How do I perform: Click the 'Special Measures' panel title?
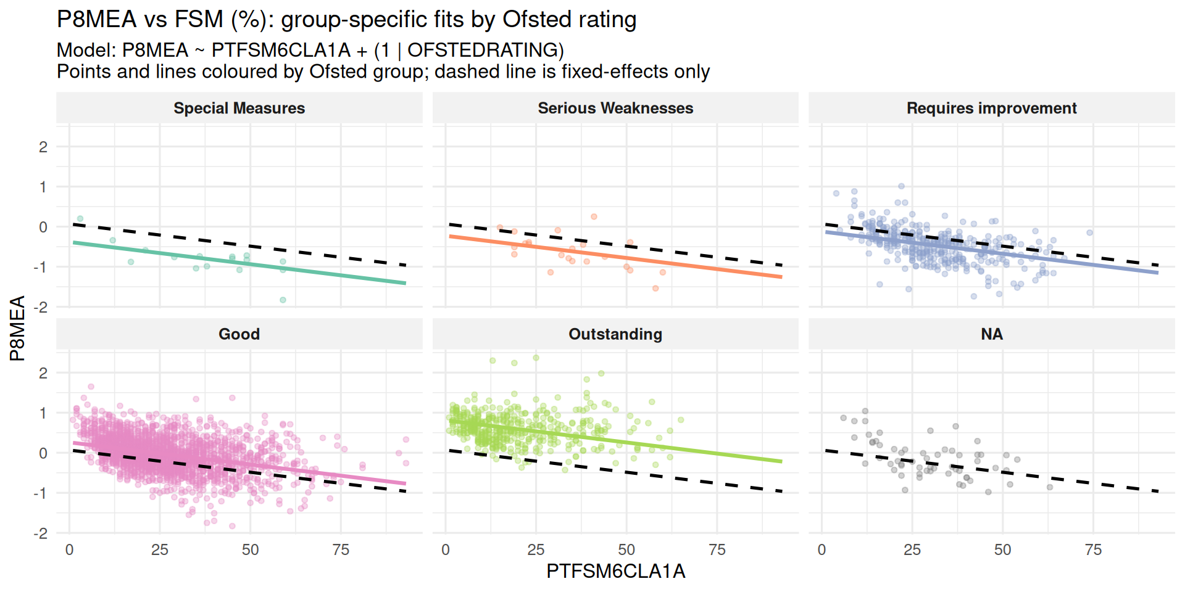tap(239, 109)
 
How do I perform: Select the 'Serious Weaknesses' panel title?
tap(615, 109)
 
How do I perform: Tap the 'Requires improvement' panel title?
tap(991, 109)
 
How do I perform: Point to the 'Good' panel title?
tap(239, 334)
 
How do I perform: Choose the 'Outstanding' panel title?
tap(615, 334)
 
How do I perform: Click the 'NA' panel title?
tap(991, 334)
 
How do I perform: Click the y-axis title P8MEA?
tap(17, 328)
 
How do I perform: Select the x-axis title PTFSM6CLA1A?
tap(615, 572)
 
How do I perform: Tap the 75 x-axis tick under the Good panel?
tap(341, 549)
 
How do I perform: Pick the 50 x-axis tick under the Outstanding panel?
tap(626, 549)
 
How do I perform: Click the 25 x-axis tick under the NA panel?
tap(912, 549)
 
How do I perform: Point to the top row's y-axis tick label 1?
tap(43, 187)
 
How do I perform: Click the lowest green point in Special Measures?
tap(283, 300)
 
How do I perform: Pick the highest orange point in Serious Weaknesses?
tap(594, 216)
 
